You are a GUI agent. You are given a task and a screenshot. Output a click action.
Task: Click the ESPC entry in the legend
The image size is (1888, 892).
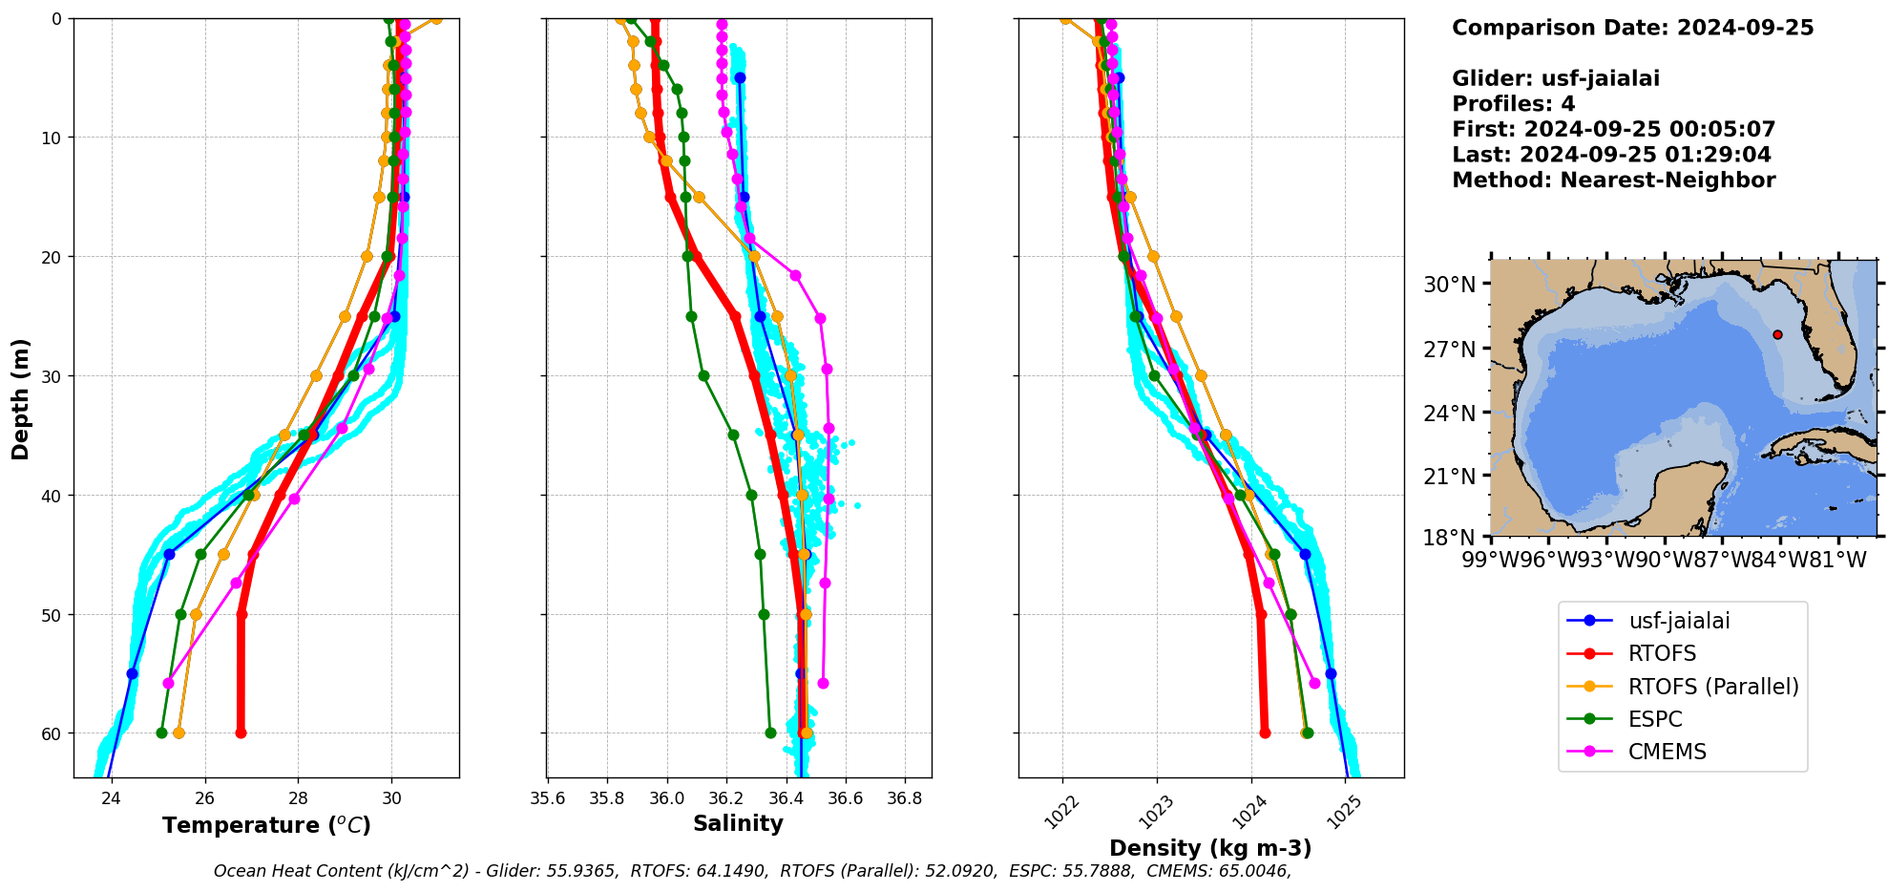click(1655, 719)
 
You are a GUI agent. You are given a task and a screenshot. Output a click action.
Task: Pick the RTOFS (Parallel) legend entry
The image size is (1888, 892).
click(1713, 687)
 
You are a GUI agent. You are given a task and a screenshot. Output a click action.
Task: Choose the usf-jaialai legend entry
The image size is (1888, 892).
click(1679, 621)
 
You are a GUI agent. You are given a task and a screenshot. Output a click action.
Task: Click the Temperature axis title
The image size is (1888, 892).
click(266, 825)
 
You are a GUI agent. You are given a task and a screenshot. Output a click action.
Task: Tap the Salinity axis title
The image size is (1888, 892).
click(738, 823)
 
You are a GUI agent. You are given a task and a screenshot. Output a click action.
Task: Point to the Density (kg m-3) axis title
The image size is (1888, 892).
click(1210, 848)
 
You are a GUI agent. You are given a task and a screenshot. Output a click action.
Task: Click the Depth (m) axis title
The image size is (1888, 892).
click(21, 398)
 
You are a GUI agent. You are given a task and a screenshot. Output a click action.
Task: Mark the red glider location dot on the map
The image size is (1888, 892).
click(1777, 334)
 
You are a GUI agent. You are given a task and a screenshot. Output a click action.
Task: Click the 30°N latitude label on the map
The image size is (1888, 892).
click(1449, 285)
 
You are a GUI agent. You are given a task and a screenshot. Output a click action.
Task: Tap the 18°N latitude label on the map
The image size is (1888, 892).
click(1449, 538)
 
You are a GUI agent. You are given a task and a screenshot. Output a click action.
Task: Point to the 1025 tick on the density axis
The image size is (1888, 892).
click(1350, 812)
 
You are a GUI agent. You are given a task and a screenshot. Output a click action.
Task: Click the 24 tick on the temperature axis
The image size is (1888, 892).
click(112, 798)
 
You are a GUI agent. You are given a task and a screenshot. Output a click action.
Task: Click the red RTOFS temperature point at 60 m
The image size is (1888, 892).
click(241, 733)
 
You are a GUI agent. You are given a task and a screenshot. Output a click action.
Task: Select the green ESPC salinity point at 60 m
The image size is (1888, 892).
click(770, 733)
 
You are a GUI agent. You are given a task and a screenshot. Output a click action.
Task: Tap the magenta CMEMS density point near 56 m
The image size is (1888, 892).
click(1314, 683)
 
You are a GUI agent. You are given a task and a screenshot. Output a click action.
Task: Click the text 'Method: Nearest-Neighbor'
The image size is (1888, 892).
click(1613, 181)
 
